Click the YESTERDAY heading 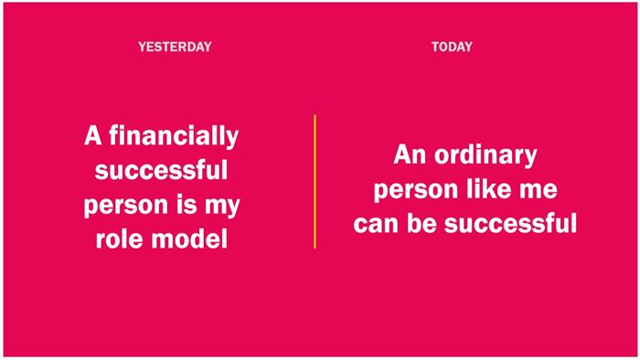click(175, 47)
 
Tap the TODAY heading click(452, 47)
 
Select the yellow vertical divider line click(315, 182)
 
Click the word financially click(174, 136)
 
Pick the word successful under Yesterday click(161, 169)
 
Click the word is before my click(187, 204)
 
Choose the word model click(189, 238)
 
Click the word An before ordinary click(410, 155)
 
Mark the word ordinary click(485, 156)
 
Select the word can click(376, 225)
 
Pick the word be click(421, 223)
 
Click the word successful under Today click(510, 223)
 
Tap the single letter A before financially click(92, 135)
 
